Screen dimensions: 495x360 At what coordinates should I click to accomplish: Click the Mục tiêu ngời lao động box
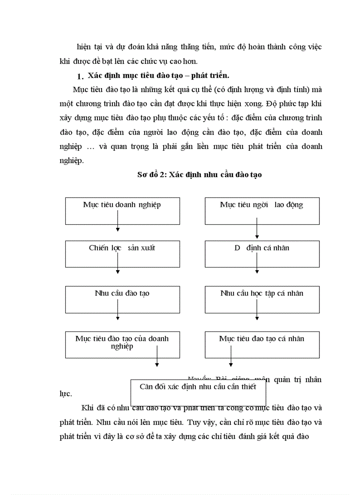pyautogui.click(x=262, y=211)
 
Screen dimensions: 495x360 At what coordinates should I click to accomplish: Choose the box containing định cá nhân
pyautogui.click(x=262, y=253)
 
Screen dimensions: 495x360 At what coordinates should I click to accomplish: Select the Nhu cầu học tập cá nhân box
pyautogui.click(x=262, y=299)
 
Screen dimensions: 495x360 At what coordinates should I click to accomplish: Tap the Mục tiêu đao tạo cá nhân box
pyautogui.click(x=262, y=344)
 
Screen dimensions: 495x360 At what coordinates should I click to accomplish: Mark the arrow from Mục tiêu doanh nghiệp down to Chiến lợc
pyautogui.click(x=118, y=220)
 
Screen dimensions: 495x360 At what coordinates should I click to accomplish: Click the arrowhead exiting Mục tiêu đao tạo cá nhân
pyautogui.click(x=230, y=364)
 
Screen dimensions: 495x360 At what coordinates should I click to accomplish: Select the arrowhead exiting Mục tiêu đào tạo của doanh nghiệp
pyautogui.click(x=157, y=364)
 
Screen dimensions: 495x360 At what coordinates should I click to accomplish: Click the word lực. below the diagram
pyautogui.click(x=65, y=393)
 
